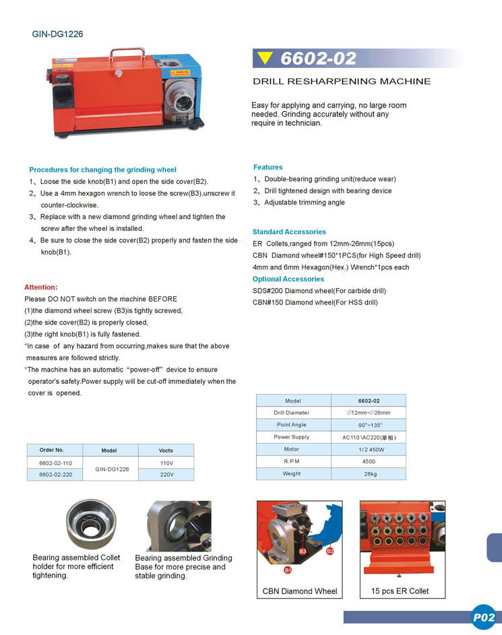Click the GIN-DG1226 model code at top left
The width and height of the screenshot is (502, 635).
(x=57, y=34)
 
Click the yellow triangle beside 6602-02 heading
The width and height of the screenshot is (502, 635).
(x=265, y=59)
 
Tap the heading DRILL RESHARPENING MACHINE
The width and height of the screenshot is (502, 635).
(x=342, y=81)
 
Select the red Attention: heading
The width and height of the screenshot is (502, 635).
(x=41, y=287)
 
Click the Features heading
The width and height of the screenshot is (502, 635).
(x=268, y=167)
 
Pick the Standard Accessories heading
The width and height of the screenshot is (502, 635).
(x=288, y=232)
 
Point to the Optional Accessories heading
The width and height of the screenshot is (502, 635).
(x=288, y=279)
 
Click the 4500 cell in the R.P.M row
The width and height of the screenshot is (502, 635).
(x=369, y=461)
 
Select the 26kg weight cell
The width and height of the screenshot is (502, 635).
(x=369, y=473)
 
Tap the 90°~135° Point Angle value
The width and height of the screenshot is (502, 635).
(x=369, y=425)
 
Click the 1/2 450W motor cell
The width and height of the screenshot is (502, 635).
(x=369, y=449)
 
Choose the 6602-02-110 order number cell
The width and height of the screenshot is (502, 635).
(x=55, y=463)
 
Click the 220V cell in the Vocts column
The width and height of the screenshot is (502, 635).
(x=166, y=474)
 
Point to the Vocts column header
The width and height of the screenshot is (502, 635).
(x=166, y=450)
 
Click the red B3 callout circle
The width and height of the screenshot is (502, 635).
(x=303, y=552)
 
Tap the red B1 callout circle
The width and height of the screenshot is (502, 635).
(x=287, y=570)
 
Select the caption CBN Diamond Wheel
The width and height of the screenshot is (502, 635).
(x=299, y=591)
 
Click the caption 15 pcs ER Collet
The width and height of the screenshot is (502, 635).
(x=400, y=591)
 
